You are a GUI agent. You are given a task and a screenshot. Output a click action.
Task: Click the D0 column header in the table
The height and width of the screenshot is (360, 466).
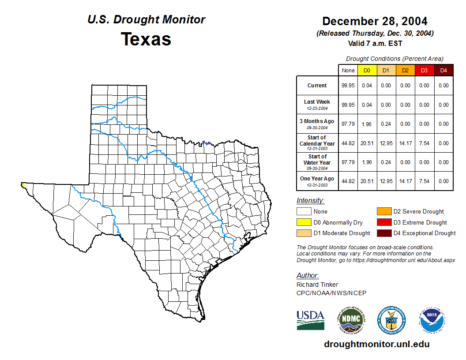[x=367, y=70]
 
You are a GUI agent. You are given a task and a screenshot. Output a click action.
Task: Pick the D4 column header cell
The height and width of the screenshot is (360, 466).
[x=443, y=70]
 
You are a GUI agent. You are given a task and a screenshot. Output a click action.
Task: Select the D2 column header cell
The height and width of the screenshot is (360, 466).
[x=405, y=70]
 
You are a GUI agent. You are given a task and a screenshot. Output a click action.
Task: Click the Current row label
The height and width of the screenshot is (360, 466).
[x=317, y=86]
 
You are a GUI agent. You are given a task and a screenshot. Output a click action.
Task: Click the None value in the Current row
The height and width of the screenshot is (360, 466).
[x=348, y=86]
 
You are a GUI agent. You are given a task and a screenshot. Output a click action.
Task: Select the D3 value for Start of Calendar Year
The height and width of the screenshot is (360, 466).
[x=424, y=143]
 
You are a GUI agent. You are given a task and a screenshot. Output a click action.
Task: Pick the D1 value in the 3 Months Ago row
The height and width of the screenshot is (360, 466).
[x=386, y=124]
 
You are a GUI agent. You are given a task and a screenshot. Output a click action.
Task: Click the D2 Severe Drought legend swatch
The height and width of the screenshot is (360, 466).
[x=383, y=212]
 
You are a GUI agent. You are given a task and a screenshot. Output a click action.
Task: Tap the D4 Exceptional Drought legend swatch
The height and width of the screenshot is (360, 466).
[x=383, y=233]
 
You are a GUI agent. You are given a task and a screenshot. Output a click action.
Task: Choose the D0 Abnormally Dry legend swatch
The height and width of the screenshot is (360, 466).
[x=304, y=222]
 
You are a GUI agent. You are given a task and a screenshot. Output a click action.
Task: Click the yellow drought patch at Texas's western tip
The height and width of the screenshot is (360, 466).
[x=22, y=185]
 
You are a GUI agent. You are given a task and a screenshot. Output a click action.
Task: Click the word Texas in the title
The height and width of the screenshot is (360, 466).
[x=146, y=39]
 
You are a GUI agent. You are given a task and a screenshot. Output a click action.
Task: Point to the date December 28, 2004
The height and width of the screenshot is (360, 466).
[x=375, y=21]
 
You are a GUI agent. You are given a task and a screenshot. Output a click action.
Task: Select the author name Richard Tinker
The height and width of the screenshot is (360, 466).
[x=317, y=285]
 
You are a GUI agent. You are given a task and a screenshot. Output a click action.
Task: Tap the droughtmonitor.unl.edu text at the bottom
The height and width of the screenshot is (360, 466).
[x=376, y=344]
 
